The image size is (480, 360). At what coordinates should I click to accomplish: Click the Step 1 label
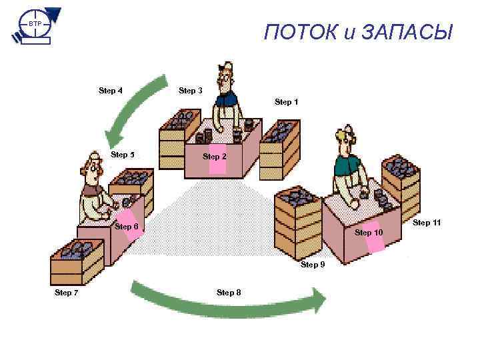point(286,102)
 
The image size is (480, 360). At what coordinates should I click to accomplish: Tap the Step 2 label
point(214,156)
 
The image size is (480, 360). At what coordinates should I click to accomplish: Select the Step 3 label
point(190,91)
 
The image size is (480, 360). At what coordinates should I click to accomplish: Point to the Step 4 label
point(110,90)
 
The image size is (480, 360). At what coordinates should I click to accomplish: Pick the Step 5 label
point(123,155)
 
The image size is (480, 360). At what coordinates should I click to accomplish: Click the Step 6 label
point(127,227)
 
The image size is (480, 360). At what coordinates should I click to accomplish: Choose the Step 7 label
point(67,292)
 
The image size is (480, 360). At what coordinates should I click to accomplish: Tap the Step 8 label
point(229,293)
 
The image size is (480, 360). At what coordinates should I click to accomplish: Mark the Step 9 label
point(313,265)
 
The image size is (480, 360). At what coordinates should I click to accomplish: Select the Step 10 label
point(369,233)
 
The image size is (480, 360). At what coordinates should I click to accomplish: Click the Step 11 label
point(427,222)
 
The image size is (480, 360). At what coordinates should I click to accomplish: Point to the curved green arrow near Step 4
point(137,107)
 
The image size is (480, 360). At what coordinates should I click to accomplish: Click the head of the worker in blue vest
point(227,75)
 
